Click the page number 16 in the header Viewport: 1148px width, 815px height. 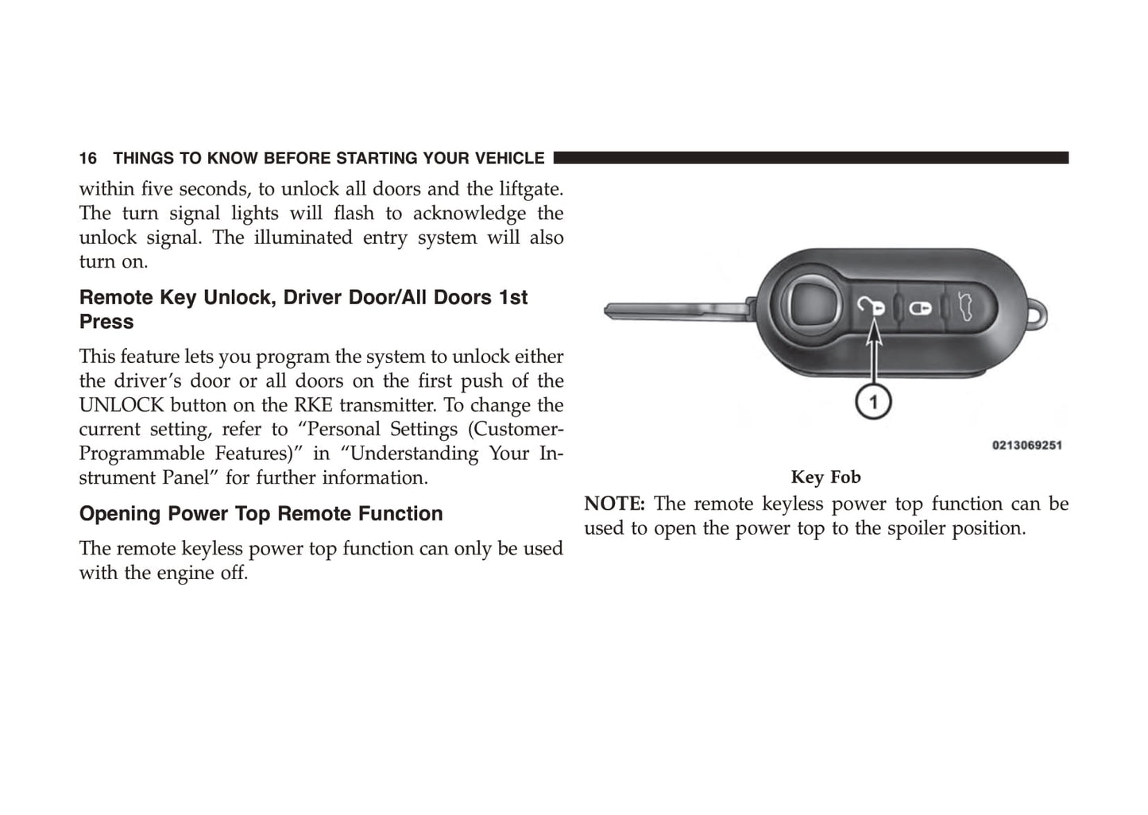87,158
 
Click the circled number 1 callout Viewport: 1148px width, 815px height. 873,402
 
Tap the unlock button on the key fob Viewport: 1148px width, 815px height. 871,306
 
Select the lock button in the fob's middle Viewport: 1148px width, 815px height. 921,307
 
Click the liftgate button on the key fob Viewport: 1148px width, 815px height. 967,306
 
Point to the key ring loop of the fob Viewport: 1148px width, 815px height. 1038,315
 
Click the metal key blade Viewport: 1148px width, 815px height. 675,310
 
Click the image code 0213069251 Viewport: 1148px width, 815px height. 1026,446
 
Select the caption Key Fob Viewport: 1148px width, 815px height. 825,477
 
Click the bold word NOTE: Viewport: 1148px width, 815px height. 614,504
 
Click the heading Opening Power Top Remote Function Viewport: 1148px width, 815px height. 261,514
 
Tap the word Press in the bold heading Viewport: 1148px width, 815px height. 106,322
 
